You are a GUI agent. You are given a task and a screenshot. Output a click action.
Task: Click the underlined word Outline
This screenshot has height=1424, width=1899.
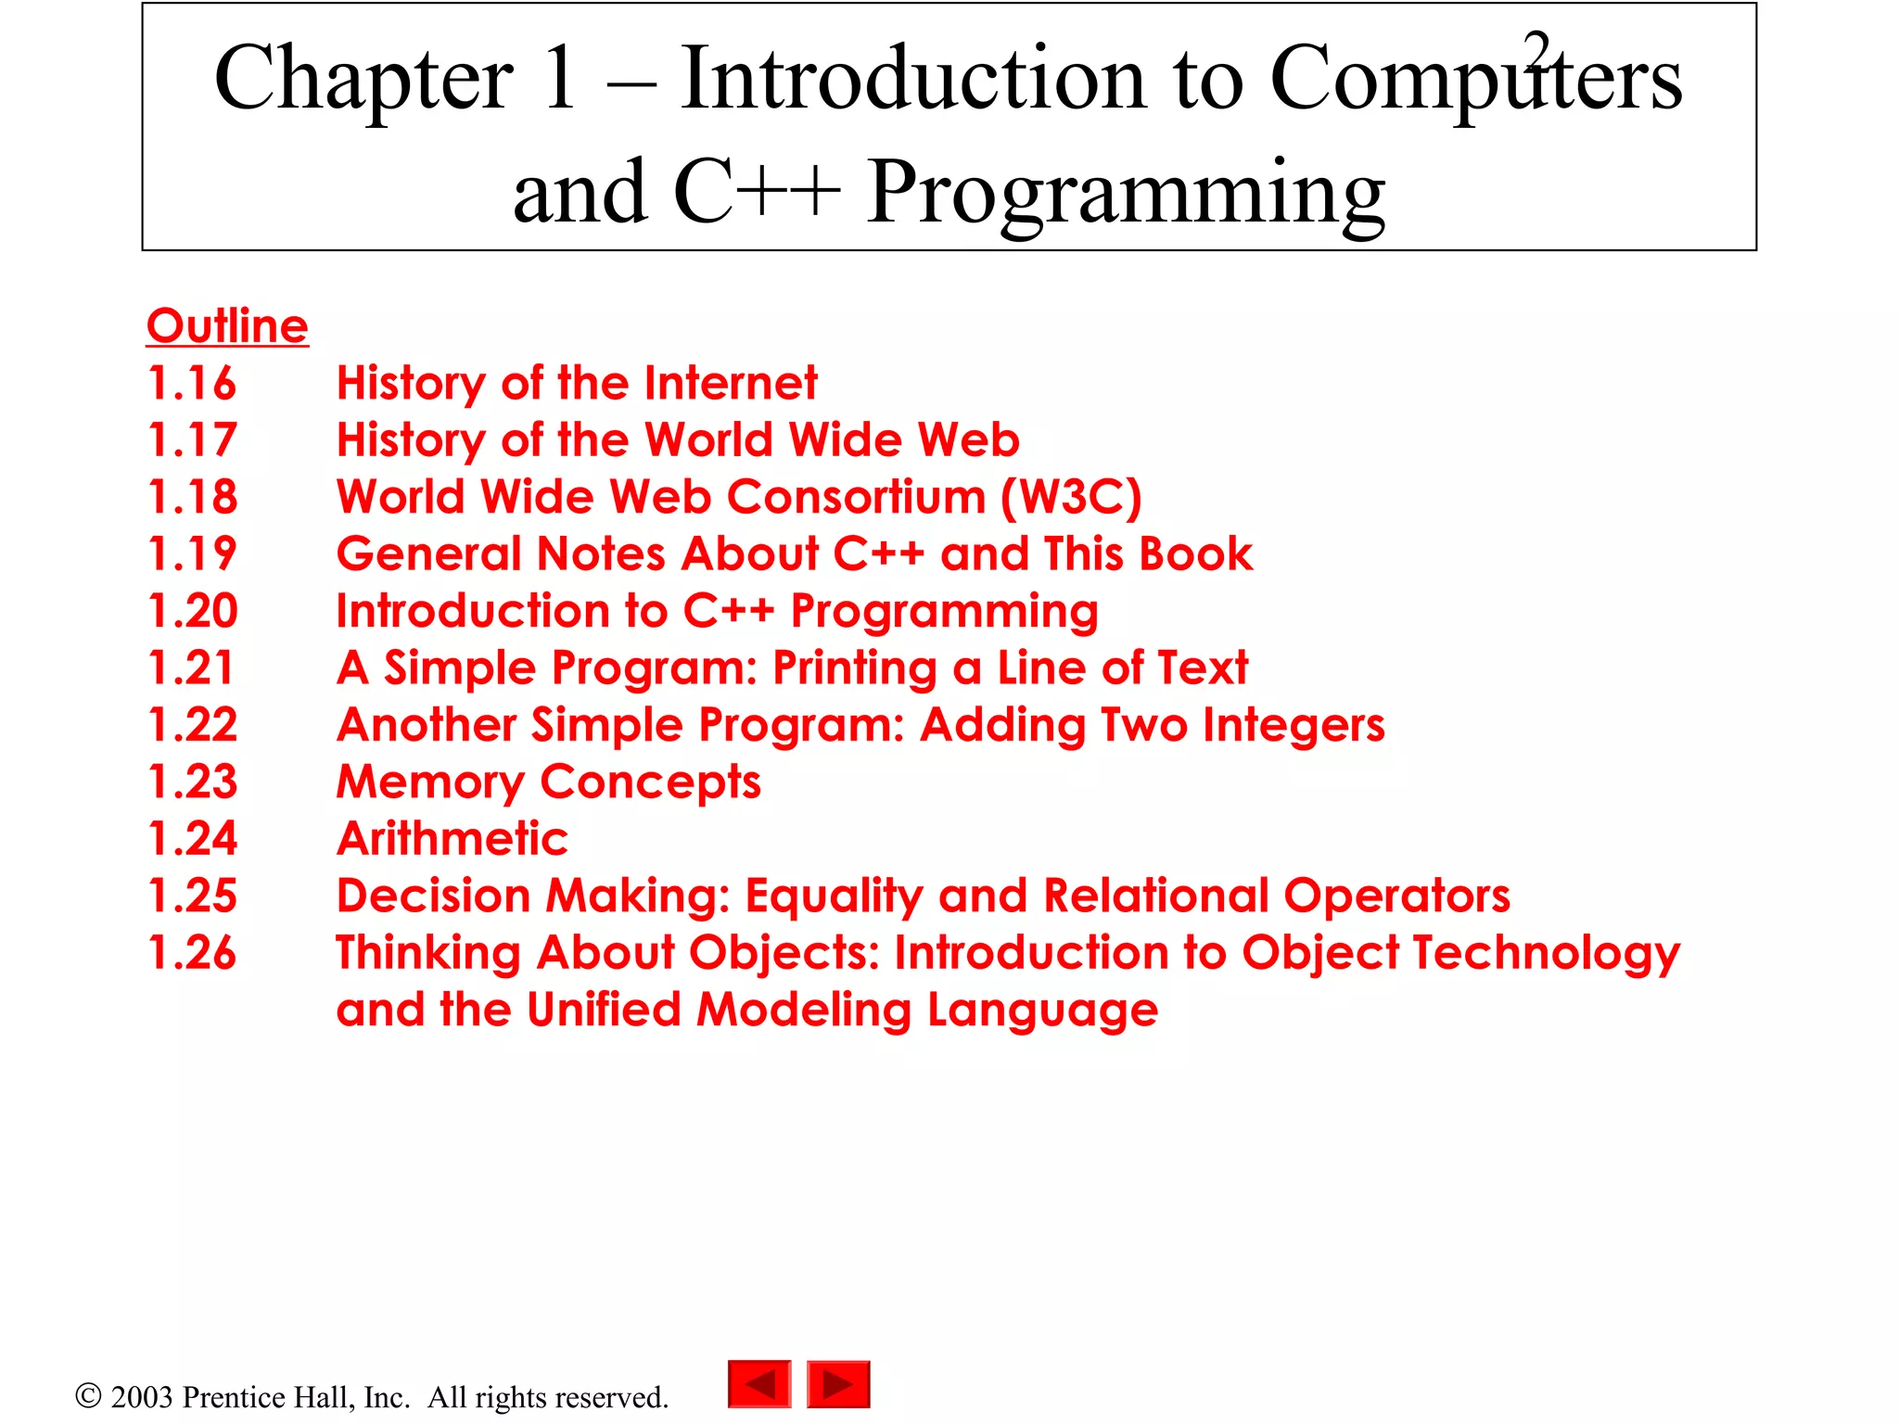(227, 326)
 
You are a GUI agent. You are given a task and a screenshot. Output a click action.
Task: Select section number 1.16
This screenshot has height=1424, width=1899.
(193, 384)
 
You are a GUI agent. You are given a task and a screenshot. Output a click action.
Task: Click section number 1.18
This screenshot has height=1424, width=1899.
(193, 497)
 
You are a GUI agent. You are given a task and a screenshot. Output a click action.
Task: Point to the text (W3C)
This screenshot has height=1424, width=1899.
(1071, 497)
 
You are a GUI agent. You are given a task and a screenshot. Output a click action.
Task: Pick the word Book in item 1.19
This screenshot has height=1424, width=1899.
(1195, 554)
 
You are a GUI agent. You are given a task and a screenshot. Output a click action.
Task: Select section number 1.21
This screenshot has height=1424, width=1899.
(191, 668)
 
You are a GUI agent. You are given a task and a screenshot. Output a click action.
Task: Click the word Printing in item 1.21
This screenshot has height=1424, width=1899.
(855, 669)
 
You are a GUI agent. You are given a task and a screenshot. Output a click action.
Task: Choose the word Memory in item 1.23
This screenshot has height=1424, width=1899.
(430, 783)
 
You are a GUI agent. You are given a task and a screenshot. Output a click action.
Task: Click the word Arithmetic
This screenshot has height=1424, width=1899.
(452, 839)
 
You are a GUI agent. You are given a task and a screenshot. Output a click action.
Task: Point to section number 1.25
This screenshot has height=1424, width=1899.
(193, 896)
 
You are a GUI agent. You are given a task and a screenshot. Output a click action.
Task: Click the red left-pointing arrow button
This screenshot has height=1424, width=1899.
(759, 1384)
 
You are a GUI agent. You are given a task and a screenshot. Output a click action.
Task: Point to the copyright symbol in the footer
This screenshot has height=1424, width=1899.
(88, 1395)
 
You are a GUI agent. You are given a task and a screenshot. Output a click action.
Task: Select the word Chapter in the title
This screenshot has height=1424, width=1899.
(363, 80)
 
